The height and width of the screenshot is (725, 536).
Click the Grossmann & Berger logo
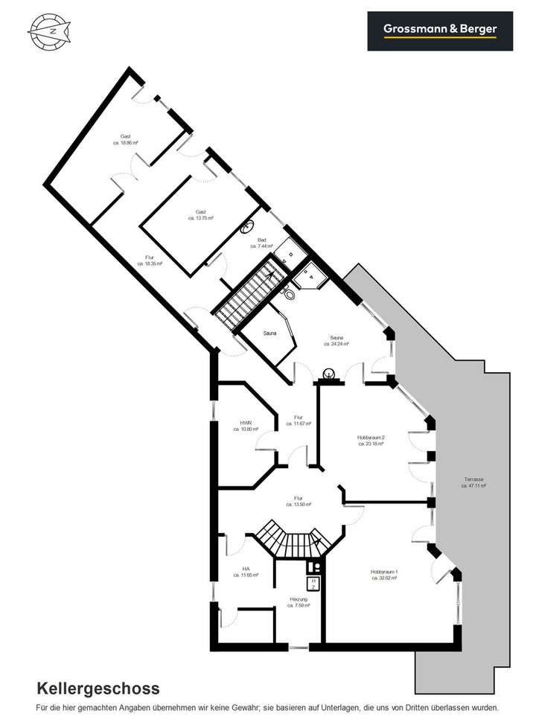[x=440, y=31]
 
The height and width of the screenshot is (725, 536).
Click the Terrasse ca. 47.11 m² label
[x=473, y=482]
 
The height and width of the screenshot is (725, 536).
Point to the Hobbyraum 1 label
[x=384, y=575]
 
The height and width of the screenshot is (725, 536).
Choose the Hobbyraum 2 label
[x=370, y=440]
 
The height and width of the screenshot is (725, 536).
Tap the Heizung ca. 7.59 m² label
[x=299, y=601]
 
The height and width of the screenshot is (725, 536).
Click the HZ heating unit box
[x=313, y=583]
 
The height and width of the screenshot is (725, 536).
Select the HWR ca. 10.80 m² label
[x=245, y=426]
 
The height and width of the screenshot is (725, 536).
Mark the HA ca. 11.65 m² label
[x=245, y=572]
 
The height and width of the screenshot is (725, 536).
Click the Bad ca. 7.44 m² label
[x=262, y=243]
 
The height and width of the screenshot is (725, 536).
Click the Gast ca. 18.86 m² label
[x=126, y=139]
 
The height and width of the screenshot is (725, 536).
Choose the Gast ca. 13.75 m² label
[x=200, y=215]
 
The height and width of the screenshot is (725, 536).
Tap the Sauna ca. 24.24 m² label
[x=336, y=341]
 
